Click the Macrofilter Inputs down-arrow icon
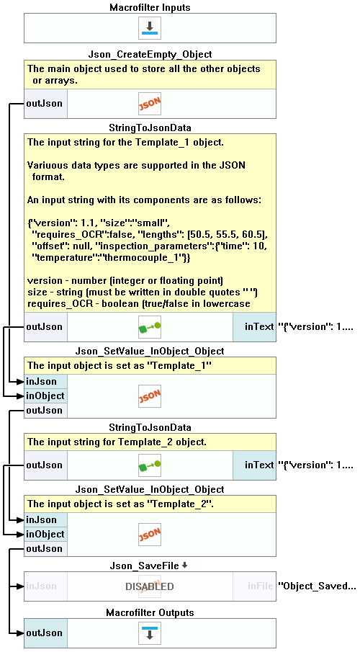(150, 28)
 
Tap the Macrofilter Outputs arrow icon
(150, 633)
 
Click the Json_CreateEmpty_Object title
(150, 55)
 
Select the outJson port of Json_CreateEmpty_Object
(45, 104)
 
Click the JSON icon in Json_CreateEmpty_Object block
(150, 104)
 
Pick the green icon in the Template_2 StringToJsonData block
(150, 465)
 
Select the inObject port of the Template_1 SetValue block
(45, 396)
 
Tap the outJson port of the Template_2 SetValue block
(45, 549)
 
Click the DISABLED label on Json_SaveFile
(150, 586)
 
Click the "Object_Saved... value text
(317, 586)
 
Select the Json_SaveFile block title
(145, 566)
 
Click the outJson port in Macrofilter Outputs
(45, 633)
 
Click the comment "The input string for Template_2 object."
(117, 442)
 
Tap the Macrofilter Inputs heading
(150, 8)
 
